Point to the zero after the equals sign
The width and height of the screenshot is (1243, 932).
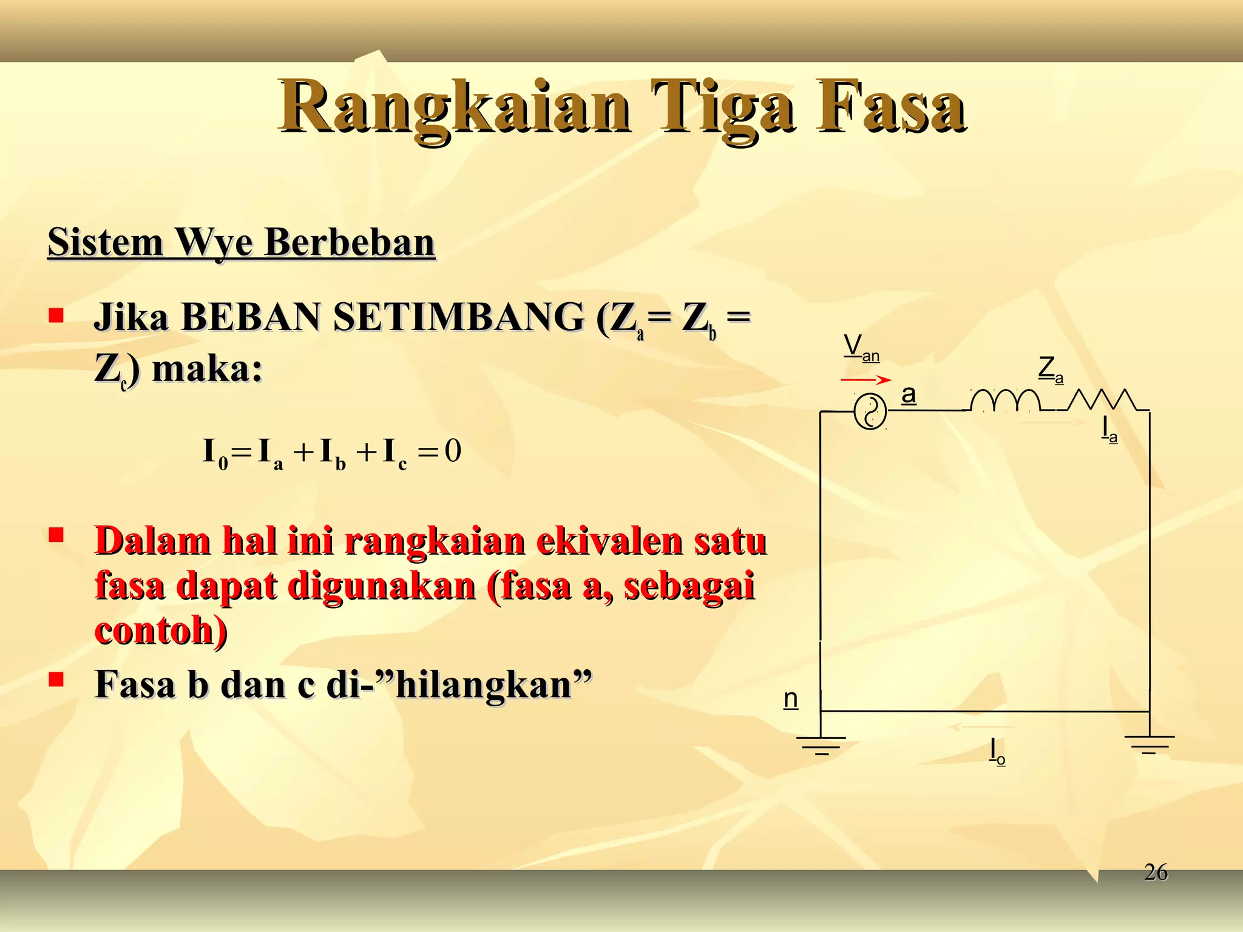coord(453,451)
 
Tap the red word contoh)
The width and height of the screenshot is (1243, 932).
coord(161,631)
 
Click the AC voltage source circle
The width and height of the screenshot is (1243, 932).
coord(870,412)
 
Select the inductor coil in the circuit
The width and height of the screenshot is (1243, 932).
coord(1004,400)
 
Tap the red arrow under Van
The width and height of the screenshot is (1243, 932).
coord(865,380)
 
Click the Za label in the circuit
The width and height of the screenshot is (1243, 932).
coord(1050,370)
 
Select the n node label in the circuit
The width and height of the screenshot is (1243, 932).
coord(790,699)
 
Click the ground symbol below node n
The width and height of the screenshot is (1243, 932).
coord(821,745)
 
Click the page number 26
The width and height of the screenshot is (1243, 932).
coord(1156,873)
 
